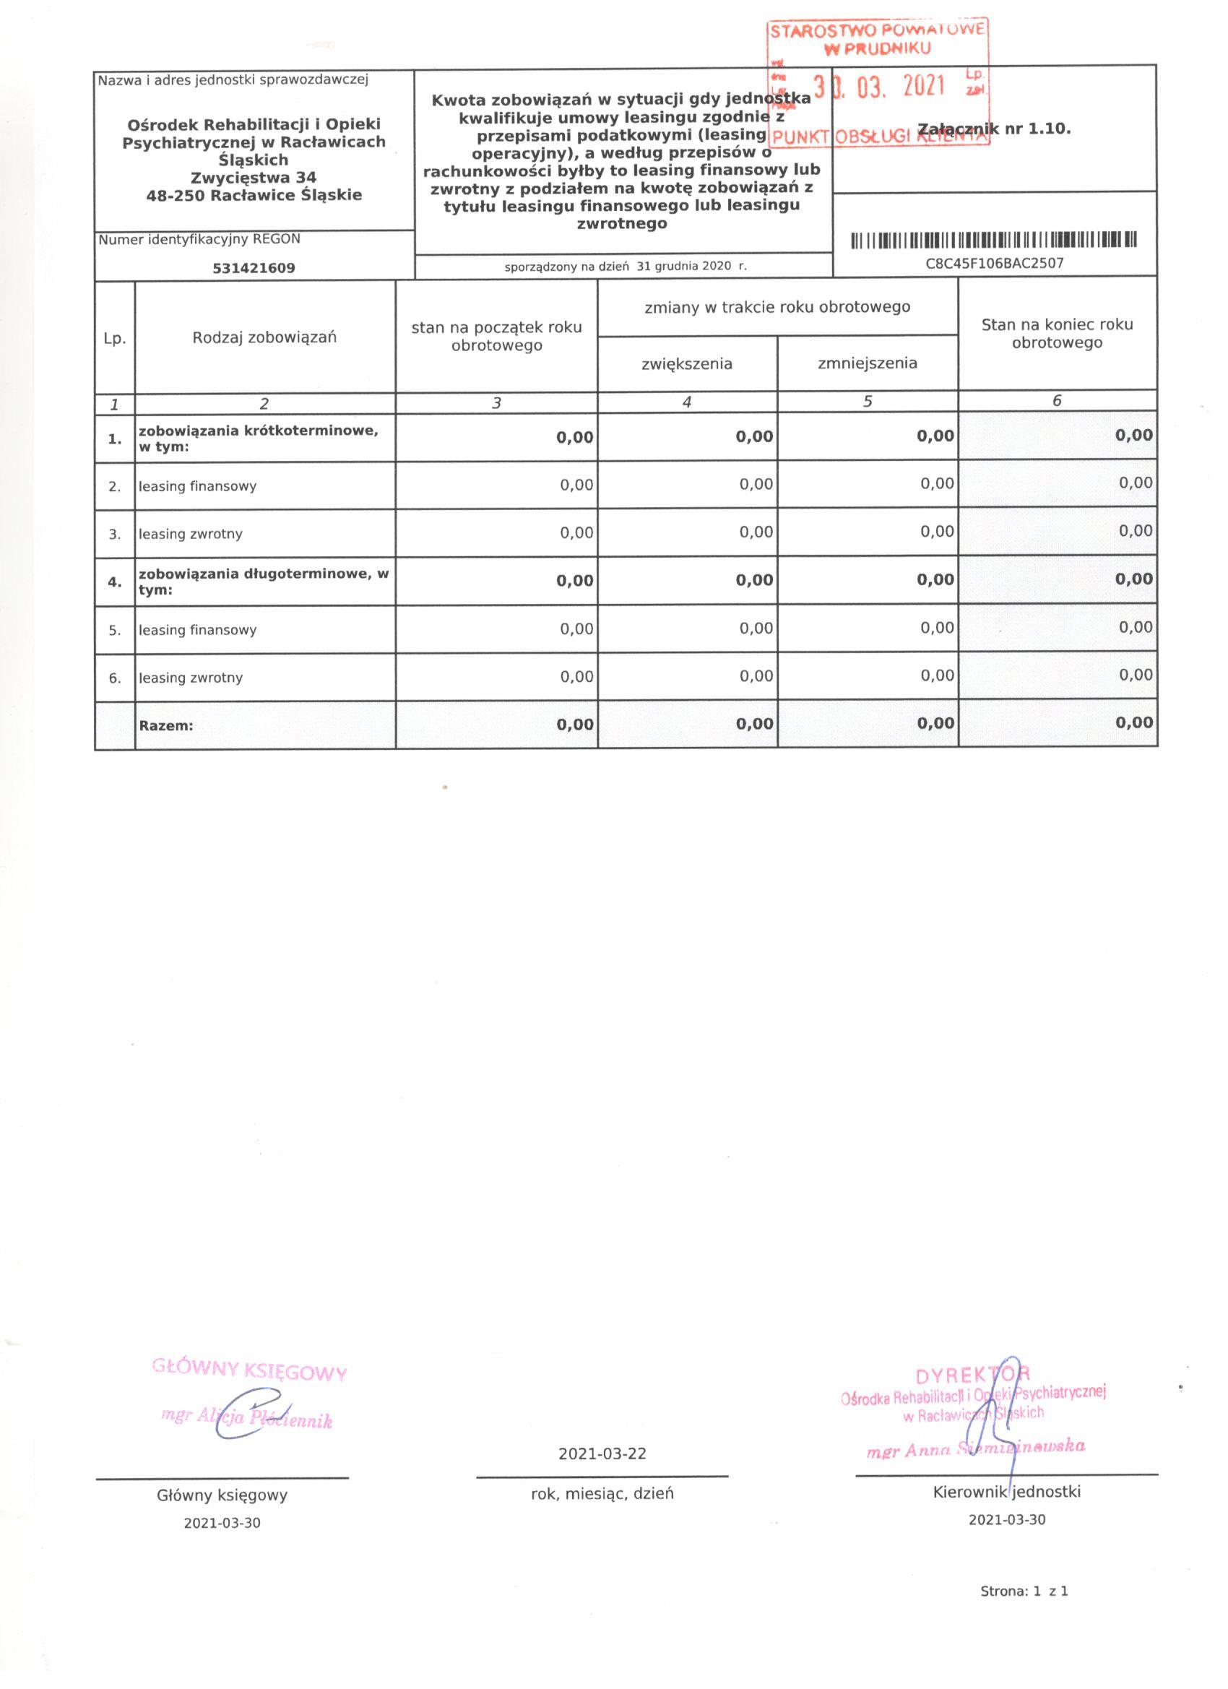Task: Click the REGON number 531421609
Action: pos(254,268)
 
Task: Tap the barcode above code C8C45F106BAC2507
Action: pos(994,241)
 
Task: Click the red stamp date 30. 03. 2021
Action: pos(878,87)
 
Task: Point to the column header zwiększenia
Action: pos(687,364)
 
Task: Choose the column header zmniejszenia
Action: pos(867,363)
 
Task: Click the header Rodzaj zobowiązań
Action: pos(264,337)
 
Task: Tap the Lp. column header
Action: pos(115,339)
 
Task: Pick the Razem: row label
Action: pos(165,725)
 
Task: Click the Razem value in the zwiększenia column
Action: pos(754,724)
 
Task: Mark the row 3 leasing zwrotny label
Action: pos(190,534)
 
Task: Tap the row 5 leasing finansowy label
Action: pos(197,630)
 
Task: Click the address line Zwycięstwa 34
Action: pos(254,178)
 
